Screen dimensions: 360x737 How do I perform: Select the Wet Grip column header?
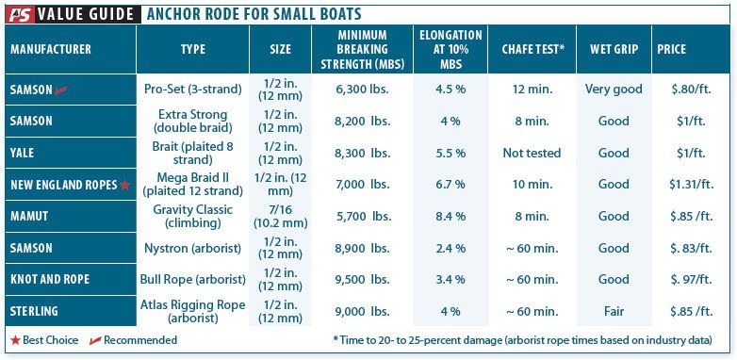(x=613, y=49)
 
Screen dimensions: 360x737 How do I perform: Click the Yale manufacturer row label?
(x=25, y=153)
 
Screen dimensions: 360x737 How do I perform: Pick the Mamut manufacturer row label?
(x=30, y=216)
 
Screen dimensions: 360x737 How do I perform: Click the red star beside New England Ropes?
(x=124, y=185)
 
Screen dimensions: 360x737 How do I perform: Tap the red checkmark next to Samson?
(x=63, y=90)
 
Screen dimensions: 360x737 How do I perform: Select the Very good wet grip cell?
(x=613, y=90)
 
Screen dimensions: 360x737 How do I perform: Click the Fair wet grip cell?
(x=613, y=311)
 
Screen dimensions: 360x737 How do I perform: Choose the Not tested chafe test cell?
(x=532, y=153)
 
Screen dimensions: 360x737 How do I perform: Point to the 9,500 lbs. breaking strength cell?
(x=363, y=280)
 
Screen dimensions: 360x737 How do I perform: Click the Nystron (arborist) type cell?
(x=192, y=248)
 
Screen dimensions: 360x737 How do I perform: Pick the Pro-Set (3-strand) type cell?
(x=193, y=90)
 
